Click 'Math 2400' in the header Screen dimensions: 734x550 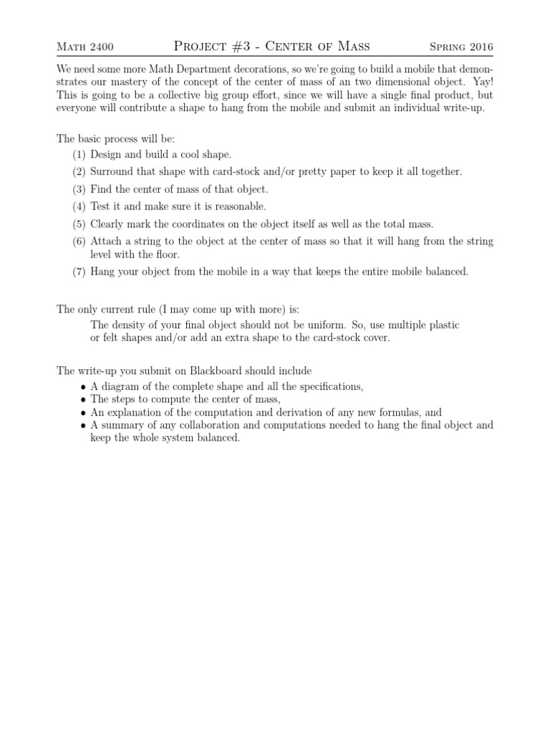85,48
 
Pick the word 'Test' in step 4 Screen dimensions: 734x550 102,206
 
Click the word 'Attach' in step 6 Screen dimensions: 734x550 107,242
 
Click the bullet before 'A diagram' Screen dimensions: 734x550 84,387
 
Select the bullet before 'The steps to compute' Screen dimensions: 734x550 84,400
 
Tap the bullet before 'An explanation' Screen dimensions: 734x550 84,413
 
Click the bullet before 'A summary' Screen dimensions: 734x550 84,426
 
